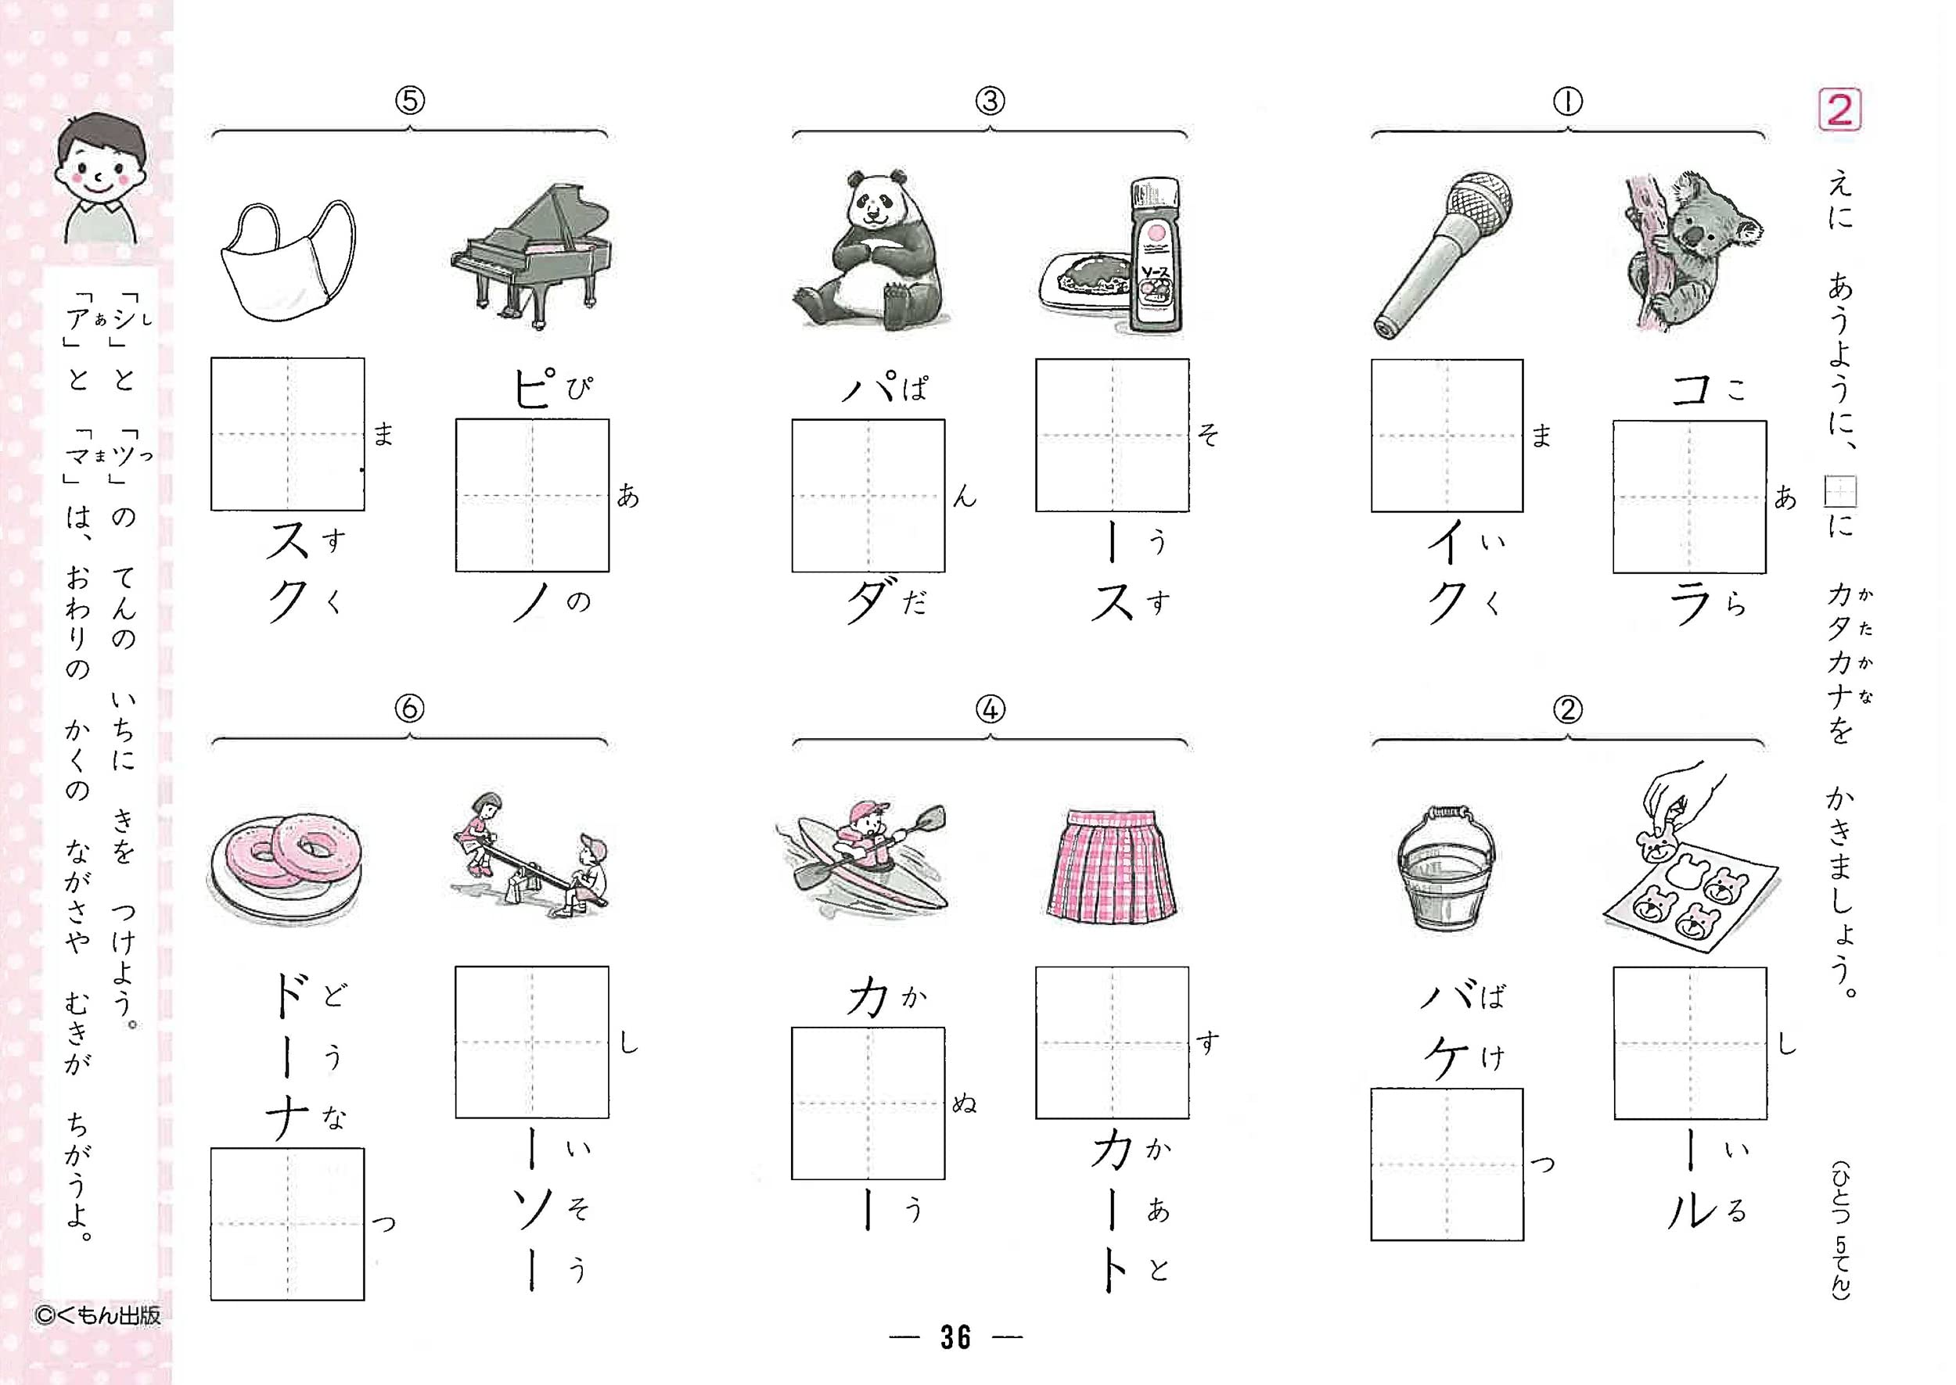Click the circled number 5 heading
409,102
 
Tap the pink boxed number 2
1840,110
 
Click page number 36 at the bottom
955,1337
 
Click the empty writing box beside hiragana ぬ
868,1103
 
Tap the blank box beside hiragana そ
1112,435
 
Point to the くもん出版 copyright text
97,1315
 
